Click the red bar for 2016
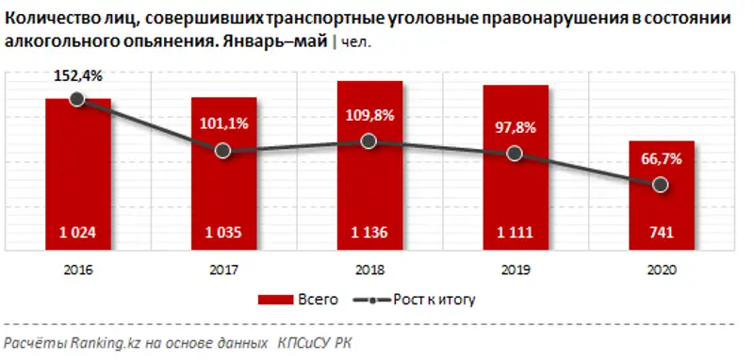tap(77, 170)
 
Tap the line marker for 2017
tap(223, 151)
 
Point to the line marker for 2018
tap(369, 140)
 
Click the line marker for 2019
tap(515, 154)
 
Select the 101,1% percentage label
tap(223, 122)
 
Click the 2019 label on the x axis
tap(515, 269)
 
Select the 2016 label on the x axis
tap(77, 269)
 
